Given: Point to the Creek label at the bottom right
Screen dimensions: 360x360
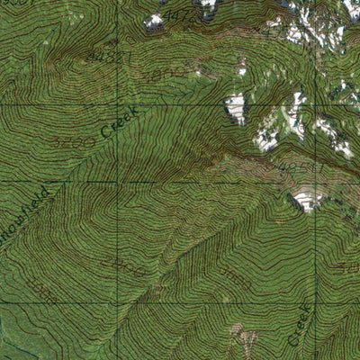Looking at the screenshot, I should point(301,325).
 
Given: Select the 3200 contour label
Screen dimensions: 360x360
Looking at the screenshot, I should point(74,141).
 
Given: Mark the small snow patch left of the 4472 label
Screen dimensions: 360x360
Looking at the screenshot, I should point(154,21).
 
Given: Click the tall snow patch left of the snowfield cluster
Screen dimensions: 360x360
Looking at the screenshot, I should point(236,108).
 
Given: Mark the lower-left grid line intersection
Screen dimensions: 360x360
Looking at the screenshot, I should point(116,303).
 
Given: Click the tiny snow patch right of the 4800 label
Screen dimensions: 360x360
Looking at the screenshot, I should point(241,68).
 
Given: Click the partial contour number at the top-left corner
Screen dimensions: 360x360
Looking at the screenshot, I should point(9,4).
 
